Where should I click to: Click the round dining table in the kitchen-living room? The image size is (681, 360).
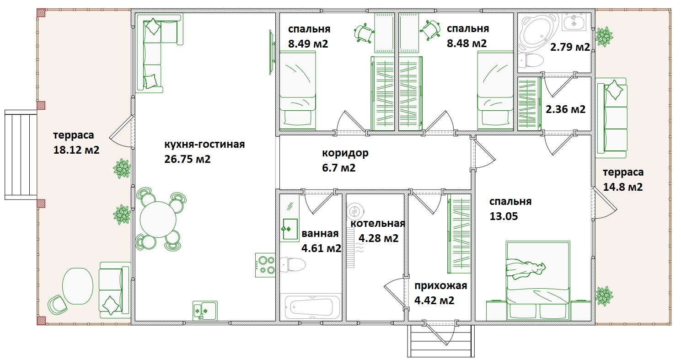point(158,220)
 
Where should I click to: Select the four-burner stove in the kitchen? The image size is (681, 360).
point(265,265)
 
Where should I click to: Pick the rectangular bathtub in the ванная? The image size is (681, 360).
point(312,306)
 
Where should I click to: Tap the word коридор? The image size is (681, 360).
point(345,153)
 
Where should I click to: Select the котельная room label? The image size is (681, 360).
point(378,223)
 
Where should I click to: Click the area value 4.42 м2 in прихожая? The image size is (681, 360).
point(434,301)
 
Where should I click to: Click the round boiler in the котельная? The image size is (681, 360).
point(355,211)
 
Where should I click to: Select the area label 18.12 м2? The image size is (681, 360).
point(76,150)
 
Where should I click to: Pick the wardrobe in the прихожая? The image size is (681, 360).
point(459,234)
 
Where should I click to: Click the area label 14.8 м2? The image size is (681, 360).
point(622,187)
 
